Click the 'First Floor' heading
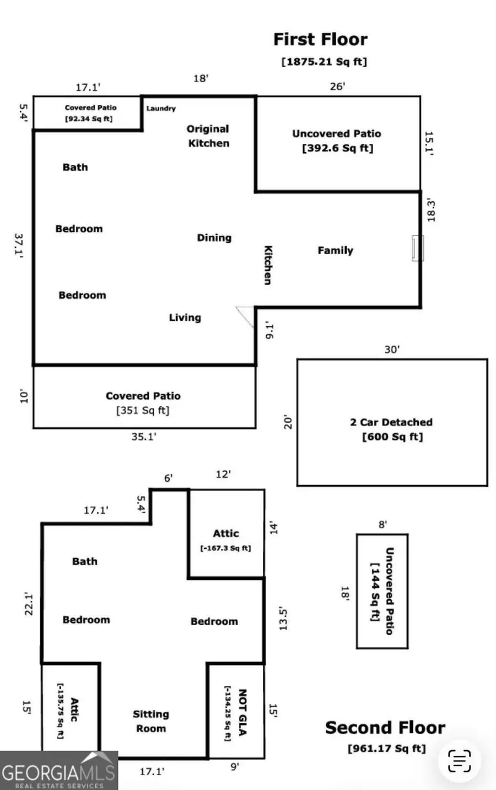[x=320, y=40]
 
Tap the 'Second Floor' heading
[x=385, y=728]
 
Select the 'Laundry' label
[x=161, y=109]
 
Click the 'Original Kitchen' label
[x=208, y=136]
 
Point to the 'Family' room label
[x=335, y=250]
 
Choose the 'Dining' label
[x=214, y=238]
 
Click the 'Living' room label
[x=185, y=318]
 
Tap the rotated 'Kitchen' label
[x=268, y=265]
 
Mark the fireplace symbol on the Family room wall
[x=418, y=248]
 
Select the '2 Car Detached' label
[x=391, y=422]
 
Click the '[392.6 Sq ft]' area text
[x=337, y=148]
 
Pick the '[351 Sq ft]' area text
[x=143, y=411]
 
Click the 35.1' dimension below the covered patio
[x=144, y=437]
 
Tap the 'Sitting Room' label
[x=150, y=721]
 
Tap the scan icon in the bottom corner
[x=459, y=761]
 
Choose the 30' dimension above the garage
[x=392, y=350]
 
